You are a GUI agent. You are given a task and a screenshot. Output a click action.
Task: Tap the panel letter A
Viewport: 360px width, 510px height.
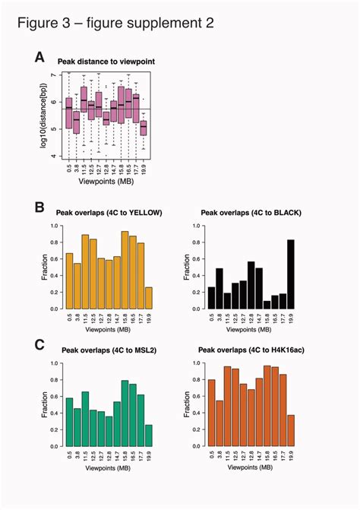(39, 56)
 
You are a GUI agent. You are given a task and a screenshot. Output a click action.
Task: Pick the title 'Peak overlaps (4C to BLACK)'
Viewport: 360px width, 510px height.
(249, 213)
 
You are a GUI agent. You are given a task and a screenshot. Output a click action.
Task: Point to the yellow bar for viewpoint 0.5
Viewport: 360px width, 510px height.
(69, 282)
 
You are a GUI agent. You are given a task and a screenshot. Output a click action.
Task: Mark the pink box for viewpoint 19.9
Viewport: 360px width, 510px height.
(144, 128)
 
